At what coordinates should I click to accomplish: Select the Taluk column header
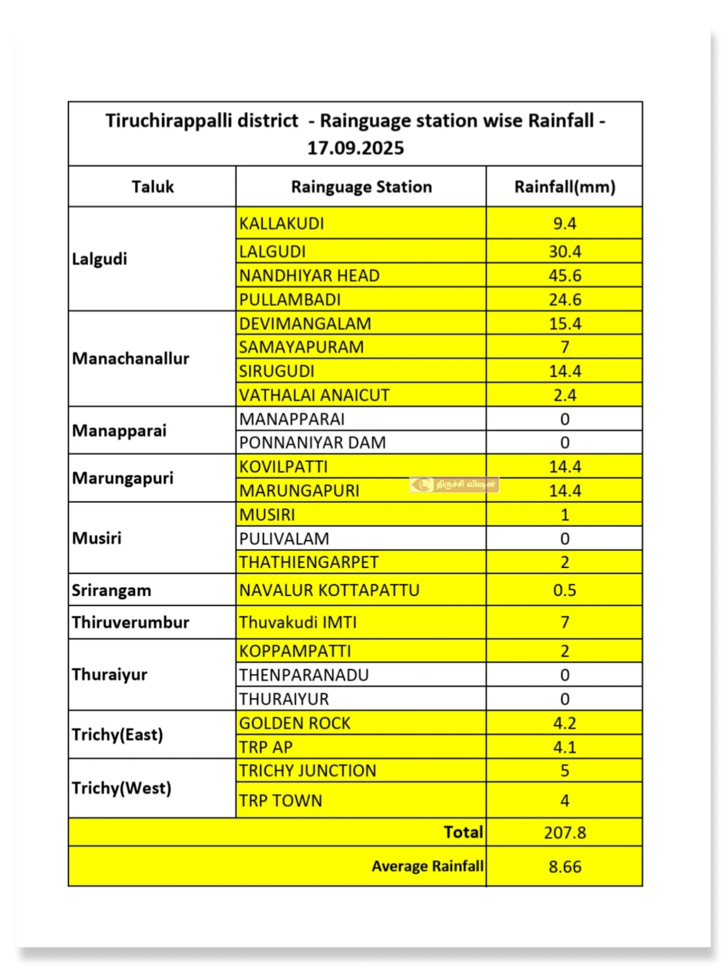[153, 187]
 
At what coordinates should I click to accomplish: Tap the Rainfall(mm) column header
[565, 187]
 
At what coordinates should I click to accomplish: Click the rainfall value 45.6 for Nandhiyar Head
[565, 276]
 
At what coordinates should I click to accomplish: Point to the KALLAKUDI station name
[281, 223]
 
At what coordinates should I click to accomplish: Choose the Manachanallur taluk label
[131, 359]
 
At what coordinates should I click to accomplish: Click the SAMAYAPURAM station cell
[301, 347]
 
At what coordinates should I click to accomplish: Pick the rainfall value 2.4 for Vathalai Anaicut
[565, 395]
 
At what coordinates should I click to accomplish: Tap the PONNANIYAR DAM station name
[312, 442]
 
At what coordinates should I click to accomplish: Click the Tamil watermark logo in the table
[454, 484]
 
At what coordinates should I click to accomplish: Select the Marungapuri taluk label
[123, 478]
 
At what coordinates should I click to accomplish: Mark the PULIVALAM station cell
[284, 538]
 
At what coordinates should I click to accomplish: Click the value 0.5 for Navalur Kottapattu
[565, 590]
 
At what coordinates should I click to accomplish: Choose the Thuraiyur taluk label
[109, 675]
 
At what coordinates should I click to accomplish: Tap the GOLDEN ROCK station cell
[295, 723]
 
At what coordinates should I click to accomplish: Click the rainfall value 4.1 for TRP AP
[565, 747]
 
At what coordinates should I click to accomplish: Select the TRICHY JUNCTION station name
[307, 771]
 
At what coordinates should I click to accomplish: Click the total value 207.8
[565, 832]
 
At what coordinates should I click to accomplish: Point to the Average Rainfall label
[427, 866]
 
